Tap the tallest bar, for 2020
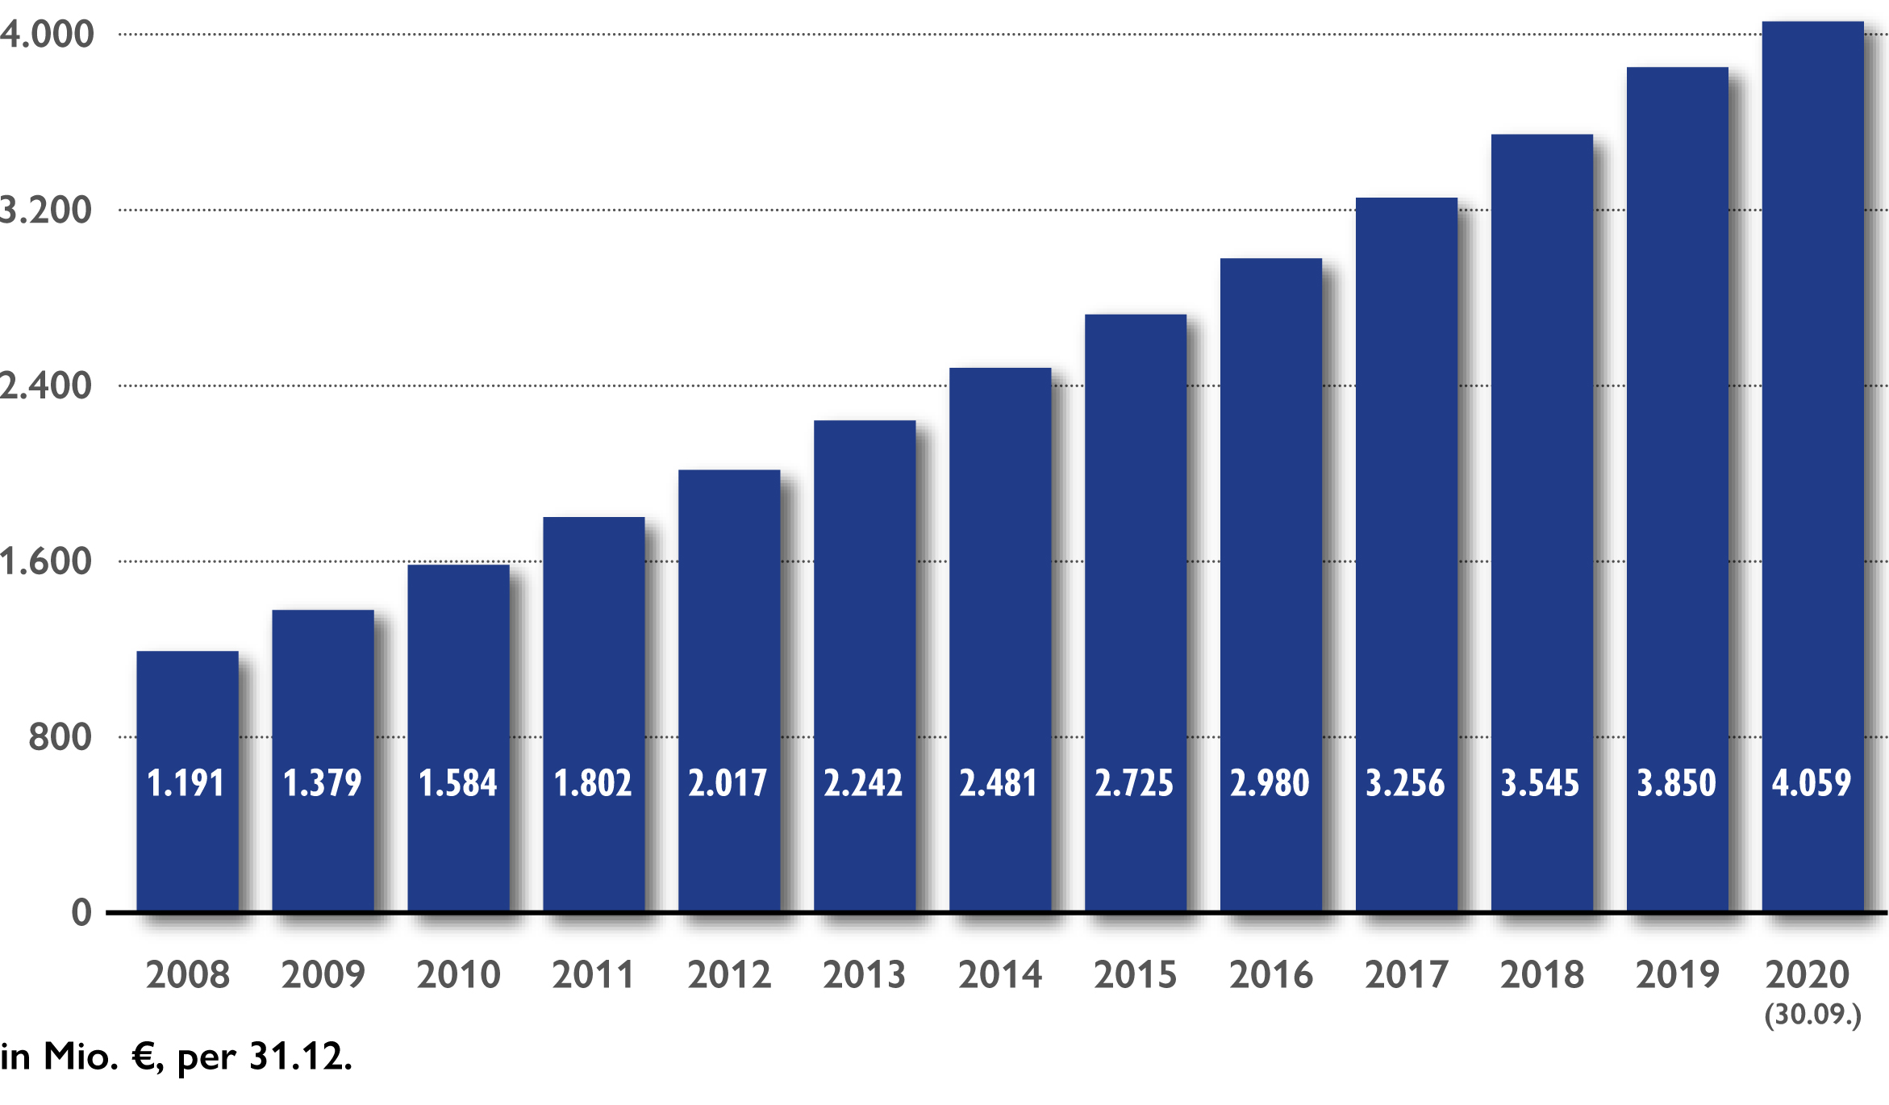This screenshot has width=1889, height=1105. pos(1812,403)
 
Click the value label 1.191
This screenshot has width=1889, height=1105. pos(186,783)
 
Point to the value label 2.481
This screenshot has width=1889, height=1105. pos(999,783)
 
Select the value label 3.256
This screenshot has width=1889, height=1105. pos(1405,783)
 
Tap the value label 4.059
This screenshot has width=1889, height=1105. pos(1812,783)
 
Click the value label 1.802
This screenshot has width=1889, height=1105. pos(593,783)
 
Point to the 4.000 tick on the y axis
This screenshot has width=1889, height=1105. pos(47,34)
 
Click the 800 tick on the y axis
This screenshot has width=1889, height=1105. pos(60,737)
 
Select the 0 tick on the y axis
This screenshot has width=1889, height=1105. pos(81,913)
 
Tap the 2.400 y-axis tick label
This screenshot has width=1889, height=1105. pos(45,386)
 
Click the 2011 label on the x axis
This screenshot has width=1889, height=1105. pos(593,974)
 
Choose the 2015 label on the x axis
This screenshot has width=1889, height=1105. pos(1135,974)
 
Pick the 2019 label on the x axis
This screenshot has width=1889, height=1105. pos(1677,974)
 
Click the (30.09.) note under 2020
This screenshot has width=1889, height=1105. pos(1812,1014)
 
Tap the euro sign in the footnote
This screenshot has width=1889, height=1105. pos(144,1057)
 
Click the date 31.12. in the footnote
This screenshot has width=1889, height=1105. pos(300,1057)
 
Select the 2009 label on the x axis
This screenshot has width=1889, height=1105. pos(323,974)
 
